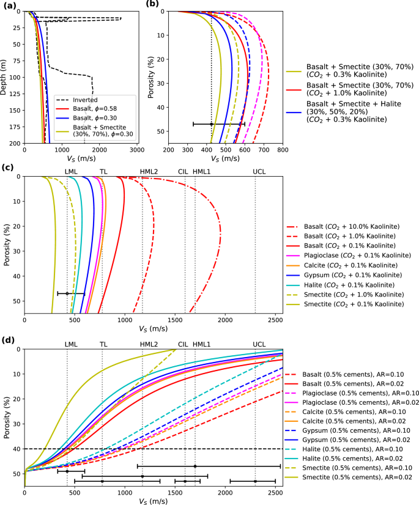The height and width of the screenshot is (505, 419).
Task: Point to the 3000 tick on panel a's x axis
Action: tap(138, 149)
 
